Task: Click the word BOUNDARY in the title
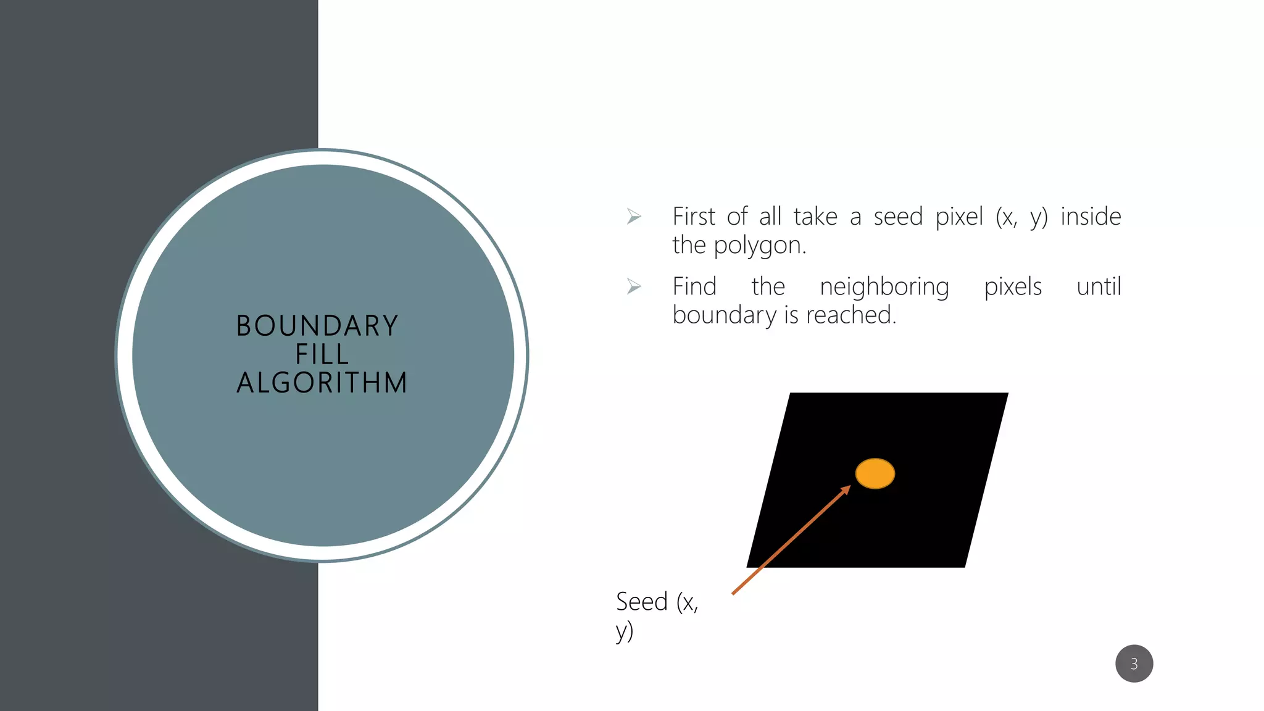pyautogui.click(x=317, y=326)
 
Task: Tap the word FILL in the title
pyautogui.click(x=322, y=354)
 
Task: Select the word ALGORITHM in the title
pyautogui.click(x=322, y=383)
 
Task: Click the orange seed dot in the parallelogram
pyautogui.click(x=875, y=473)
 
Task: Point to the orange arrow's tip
pyautogui.click(x=850, y=486)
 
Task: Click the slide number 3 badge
pyautogui.click(x=1134, y=663)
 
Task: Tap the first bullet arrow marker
pyautogui.click(x=634, y=217)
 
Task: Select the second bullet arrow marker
pyautogui.click(x=634, y=286)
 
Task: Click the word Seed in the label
pyautogui.click(x=642, y=601)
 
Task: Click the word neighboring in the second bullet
pyautogui.click(x=884, y=287)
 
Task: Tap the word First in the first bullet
pyautogui.click(x=694, y=217)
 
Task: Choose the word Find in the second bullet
pyautogui.click(x=694, y=286)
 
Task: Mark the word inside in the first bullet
pyautogui.click(x=1091, y=217)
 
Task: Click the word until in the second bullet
pyautogui.click(x=1099, y=286)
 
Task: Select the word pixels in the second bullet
pyautogui.click(x=1013, y=286)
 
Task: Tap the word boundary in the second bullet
pyautogui.click(x=725, y=315)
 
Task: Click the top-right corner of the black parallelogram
pyautogui.click(x=1007, y=394)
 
